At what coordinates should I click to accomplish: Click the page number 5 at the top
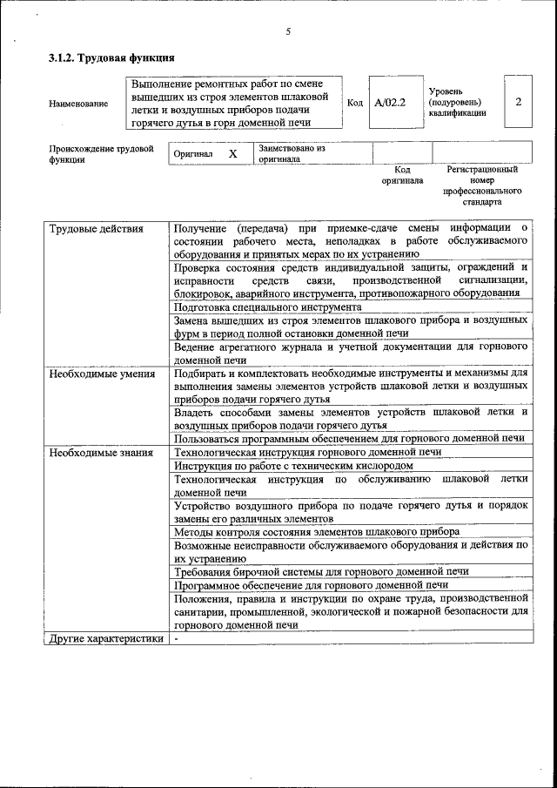[287, 32]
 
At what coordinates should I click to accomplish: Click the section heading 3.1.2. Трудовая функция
[112, 58]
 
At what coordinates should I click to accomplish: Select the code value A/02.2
[390, 103]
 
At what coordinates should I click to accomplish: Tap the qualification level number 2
[518, 102]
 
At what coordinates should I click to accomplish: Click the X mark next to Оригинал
[232, 153]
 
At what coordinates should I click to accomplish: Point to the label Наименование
[79, 104]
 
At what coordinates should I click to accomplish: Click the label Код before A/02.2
[355, 103]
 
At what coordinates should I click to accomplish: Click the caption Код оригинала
[402, 175]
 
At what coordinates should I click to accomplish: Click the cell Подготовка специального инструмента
[267, 307]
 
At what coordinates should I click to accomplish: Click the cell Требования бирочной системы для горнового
[321, 571]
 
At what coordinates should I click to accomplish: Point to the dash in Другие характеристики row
[176, 638]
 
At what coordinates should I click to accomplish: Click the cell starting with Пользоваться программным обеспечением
[348, 439]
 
